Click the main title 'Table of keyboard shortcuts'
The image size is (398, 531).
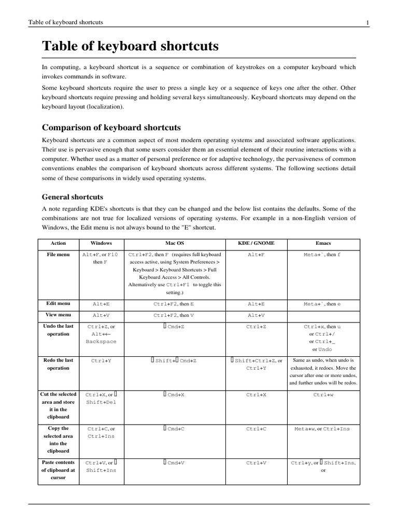click(x=130, y=47)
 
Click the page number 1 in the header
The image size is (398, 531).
click(x=367, y=22)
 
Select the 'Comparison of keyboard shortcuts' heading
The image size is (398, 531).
click(x=111, y=128)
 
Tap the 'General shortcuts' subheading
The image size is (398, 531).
click(x=72, y=197)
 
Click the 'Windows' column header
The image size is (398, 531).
click(x=101, y=243)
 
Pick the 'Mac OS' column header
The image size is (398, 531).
click(x=174, y=243)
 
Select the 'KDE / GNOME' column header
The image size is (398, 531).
click(x=256, y=243)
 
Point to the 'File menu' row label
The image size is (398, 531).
click(x=58, y=255)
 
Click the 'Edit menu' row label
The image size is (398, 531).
click(x=58, y=303)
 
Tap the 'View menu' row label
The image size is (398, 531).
click(x=58, y=315)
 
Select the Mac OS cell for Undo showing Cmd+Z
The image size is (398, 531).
click(x=174, y=327)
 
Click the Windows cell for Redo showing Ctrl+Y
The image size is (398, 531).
click(x=101, y=360)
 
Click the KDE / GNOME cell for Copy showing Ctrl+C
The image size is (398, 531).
click(x=256, y=429)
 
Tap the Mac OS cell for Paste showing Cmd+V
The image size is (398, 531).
click(x=174, y=463)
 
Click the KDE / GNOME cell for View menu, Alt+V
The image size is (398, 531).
click(x=256, y=315)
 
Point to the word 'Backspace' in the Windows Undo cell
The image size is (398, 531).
click(x=101, y=342)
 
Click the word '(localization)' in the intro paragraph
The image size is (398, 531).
click(x=102, y=106)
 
